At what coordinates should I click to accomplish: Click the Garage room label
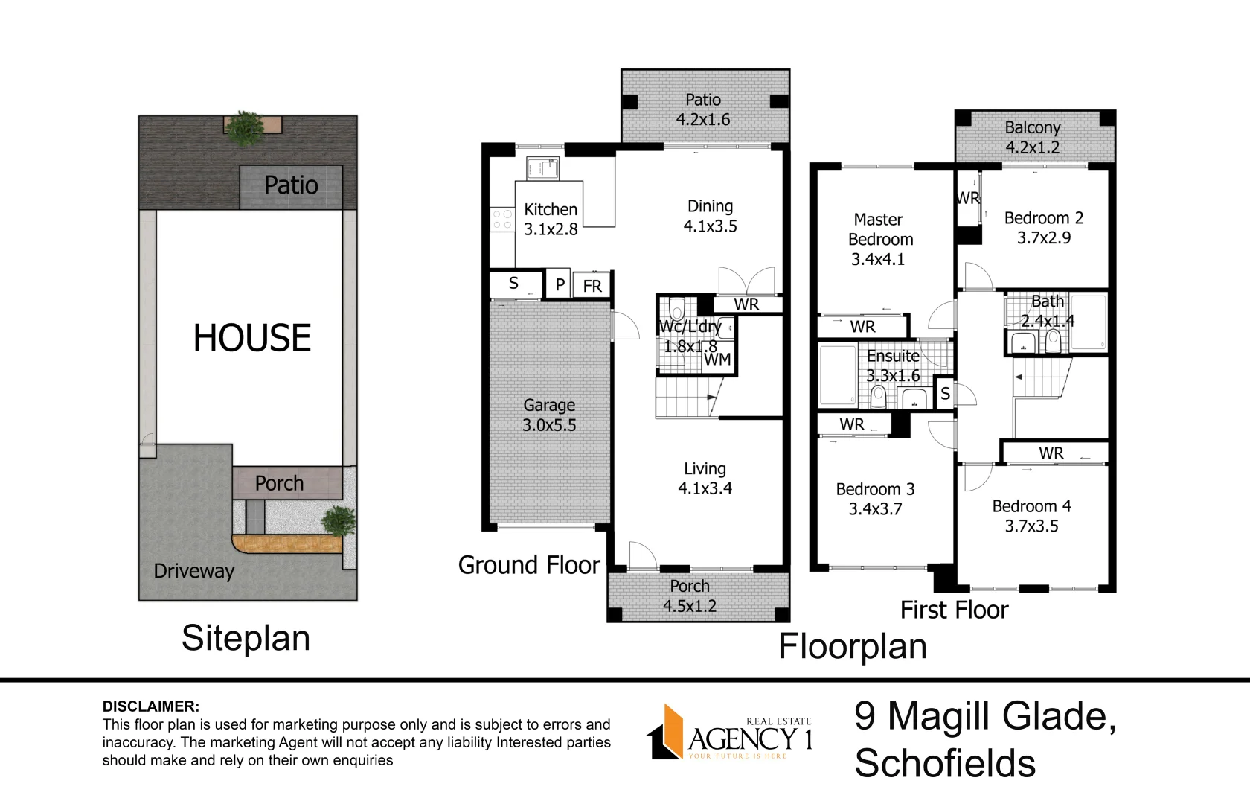(x=549, y=405)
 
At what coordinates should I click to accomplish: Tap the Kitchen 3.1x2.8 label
(x=551, y=219)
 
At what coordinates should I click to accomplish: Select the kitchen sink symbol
(x=542, y=168)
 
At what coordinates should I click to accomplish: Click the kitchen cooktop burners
(x=502, y=219)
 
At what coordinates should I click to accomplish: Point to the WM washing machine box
(x=717, y=359)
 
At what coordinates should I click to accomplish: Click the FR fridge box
(x=592, y=286)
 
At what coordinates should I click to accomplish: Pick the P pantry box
(x=560, y=284)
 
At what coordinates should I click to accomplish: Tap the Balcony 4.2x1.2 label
(x=1033, y=137)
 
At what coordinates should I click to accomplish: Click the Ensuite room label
(x=893, y=356)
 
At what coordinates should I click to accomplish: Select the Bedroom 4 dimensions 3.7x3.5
(x=1031, y=526)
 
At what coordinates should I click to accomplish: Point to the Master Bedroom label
(x=880, y=229)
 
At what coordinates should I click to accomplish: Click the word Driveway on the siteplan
(x=193, y=571)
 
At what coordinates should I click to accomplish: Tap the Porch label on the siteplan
(x=279, y=483)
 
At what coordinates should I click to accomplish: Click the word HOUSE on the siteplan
(x=251, y=338)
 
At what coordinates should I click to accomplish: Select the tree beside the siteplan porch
(x=338, y=521)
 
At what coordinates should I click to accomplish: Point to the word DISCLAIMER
(x=150, y=707)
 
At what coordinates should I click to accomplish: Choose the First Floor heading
(x=954, y=610)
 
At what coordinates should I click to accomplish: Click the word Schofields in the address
(x=945, y=763)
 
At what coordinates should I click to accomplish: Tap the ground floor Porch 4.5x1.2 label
(x=690, y=596)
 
